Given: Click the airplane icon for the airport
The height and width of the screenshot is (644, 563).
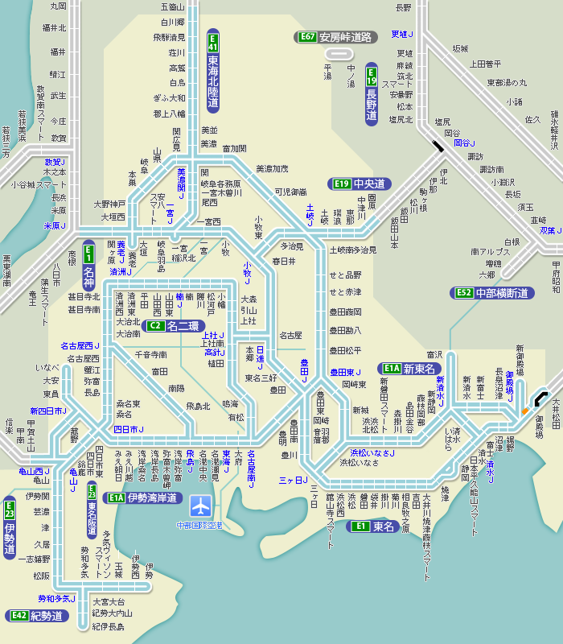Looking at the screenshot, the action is pos(200,506).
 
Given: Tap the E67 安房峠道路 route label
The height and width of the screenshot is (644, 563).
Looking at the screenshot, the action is pos(336,36).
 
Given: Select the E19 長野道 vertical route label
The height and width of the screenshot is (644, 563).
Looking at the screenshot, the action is pos(372,93).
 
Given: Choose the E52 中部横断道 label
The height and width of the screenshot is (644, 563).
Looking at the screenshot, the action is pos(493,293).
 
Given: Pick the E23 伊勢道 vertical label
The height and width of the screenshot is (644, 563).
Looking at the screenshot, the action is pos(10,528).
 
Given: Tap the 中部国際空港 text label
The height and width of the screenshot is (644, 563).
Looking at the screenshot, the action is pos(200,526).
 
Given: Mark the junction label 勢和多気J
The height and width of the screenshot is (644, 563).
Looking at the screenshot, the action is pos(56,599).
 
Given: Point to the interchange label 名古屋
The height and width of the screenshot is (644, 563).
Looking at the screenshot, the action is pos(290,334).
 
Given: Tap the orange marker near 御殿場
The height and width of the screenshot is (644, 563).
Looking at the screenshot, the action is pos(524,411).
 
